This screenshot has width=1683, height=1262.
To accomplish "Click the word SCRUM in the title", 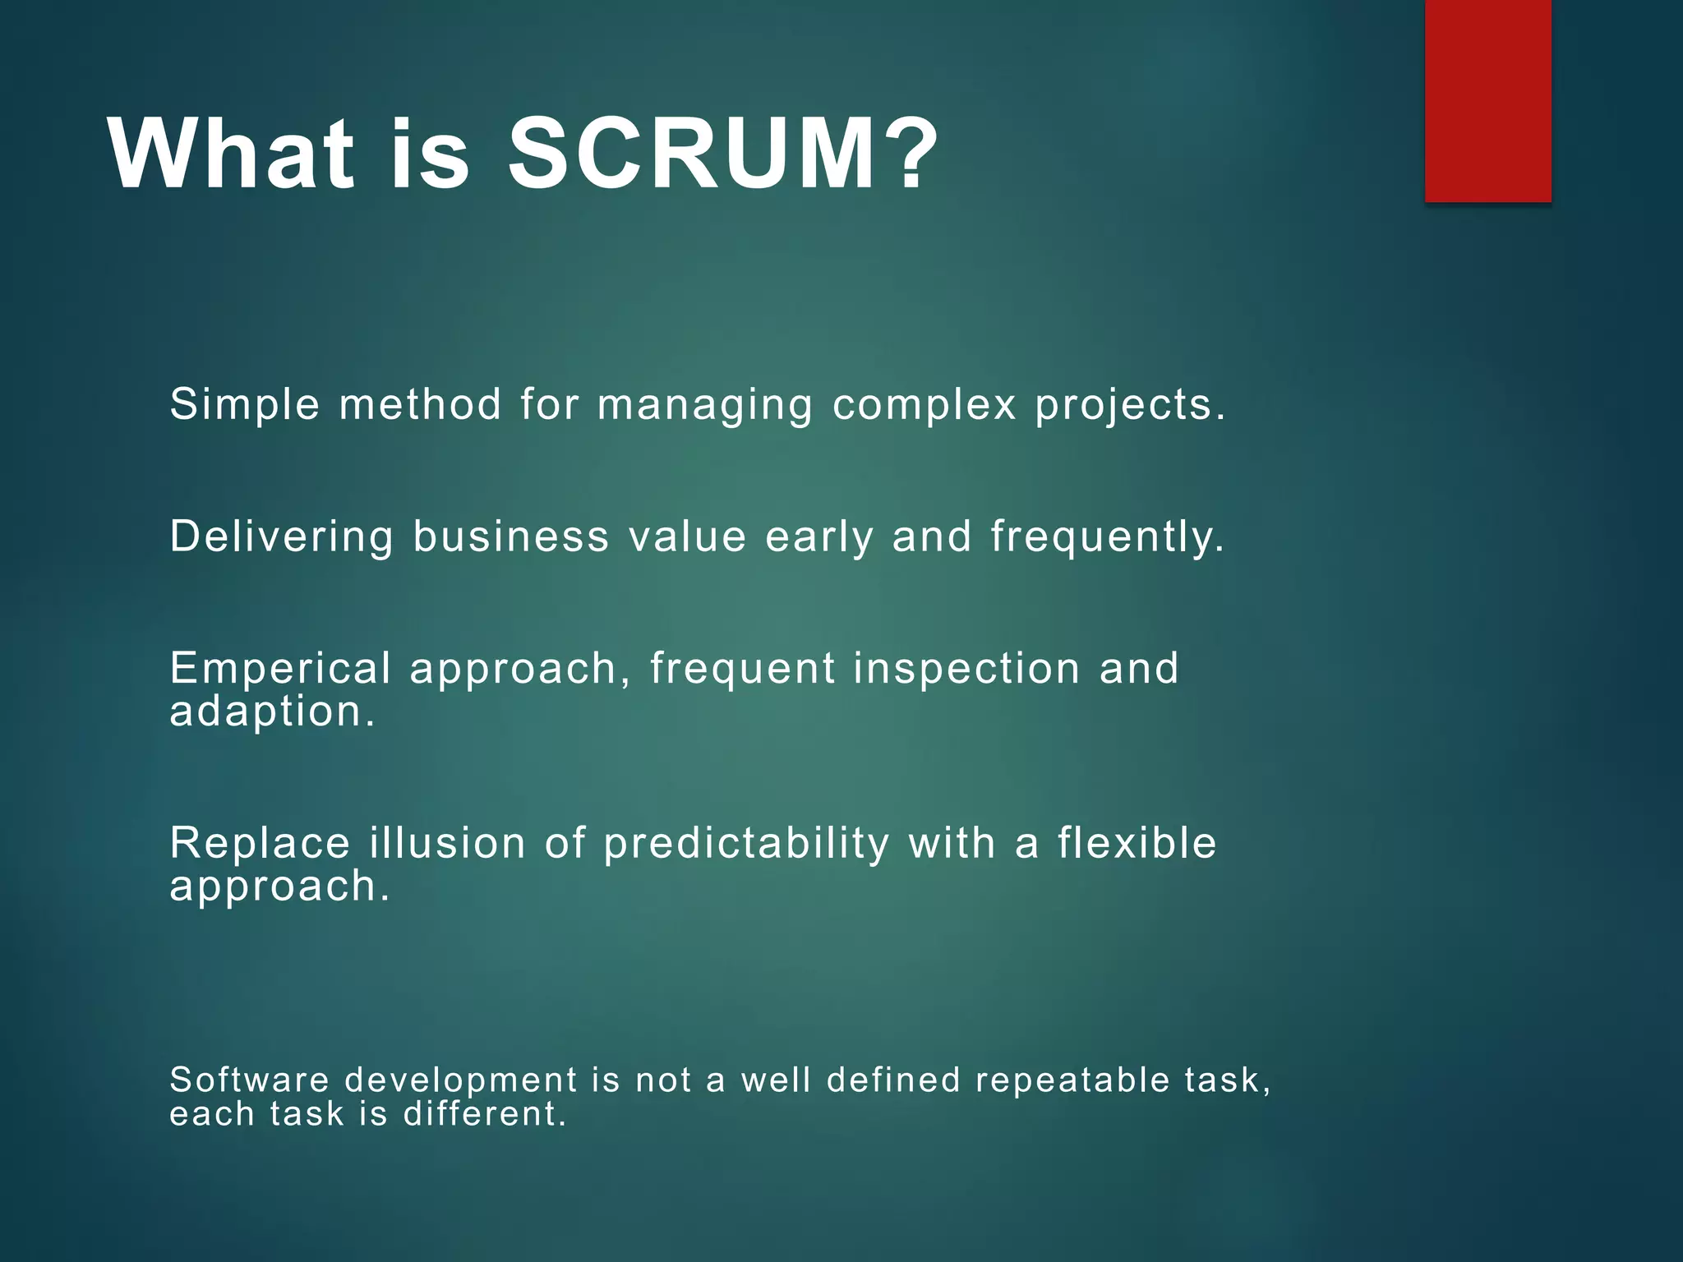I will click(690, 154).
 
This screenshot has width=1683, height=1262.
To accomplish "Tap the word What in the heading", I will click(231, 154).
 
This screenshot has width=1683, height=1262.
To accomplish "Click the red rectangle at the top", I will click(1487, 100).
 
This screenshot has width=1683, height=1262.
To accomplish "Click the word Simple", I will click(245, 405).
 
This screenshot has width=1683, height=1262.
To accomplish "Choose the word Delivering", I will click(282, 537).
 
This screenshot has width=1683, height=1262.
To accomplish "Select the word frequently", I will click(1107, 537).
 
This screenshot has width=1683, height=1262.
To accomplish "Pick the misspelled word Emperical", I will click(280, 669).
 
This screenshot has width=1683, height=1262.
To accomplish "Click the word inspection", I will click(966, 669).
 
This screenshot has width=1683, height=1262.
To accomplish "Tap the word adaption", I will click(271, 712).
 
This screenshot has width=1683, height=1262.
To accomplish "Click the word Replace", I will click(260, 843).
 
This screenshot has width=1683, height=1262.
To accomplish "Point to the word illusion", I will click(447, 843).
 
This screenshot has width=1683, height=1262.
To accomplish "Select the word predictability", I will click(746, 845).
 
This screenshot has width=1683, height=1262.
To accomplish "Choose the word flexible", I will click(1137, 843).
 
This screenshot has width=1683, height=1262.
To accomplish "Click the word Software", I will click(249, 1080).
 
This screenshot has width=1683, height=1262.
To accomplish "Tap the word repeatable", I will click(1072, 1081).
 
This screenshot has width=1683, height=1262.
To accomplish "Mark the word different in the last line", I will click(484, 1114).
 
